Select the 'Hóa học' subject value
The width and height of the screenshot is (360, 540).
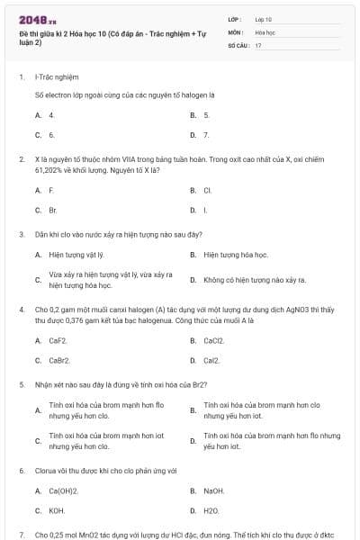265,31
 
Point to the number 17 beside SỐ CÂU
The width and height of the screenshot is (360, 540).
258,44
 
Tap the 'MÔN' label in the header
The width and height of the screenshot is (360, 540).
236,31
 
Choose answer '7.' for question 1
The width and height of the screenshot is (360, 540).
206,135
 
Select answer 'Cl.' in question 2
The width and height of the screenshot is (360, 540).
207,191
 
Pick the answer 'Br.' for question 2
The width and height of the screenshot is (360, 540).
53,210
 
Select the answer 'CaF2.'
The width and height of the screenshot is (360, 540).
58,341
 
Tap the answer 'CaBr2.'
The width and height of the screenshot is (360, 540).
59,360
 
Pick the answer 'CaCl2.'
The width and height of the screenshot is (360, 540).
213,341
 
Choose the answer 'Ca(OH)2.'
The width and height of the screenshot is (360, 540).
63,490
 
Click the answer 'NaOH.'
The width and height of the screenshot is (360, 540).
213,490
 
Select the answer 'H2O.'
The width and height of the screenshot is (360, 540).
211,510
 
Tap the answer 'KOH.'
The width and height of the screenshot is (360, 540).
57,510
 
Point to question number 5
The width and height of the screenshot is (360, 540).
22,383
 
